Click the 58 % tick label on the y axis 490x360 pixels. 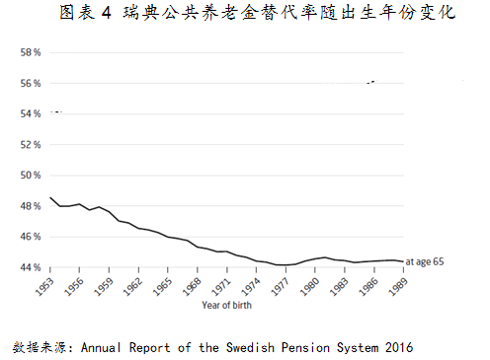coord(30,52)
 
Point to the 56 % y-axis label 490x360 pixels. coord(30,83)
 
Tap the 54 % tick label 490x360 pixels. coord(30,113)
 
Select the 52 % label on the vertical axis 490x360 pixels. coord(30,144)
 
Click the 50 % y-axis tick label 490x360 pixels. coord(30,176)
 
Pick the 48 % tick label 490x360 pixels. coord(30,206)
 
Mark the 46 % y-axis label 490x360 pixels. coord(30,237)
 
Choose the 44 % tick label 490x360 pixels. coord(30,267)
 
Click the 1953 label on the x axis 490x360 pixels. coord(46,286)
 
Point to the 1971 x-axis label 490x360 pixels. coord(223,286)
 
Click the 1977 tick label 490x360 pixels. coord(282,286)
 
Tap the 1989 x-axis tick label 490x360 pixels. coord(399,286)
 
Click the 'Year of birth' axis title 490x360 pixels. coord(227,306)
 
